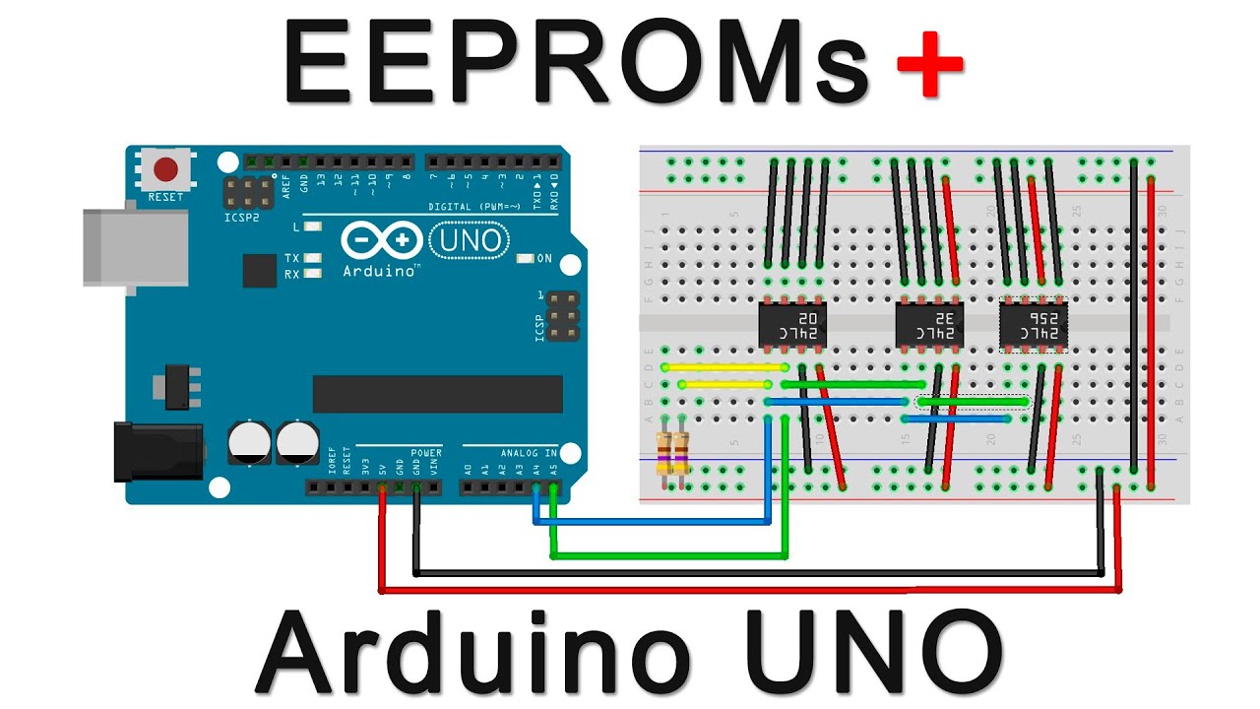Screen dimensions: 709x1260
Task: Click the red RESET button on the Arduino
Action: pos(165,169)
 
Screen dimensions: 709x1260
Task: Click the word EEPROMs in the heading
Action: pos(576,61)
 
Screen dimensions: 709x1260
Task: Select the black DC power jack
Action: pos(157,451)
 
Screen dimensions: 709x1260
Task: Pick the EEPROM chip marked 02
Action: pos(792,325)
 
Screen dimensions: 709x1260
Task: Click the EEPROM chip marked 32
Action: pos(928,325)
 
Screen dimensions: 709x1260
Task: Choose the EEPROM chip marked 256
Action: pos(1033,325)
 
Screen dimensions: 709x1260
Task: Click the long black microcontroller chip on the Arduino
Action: pos(437,394)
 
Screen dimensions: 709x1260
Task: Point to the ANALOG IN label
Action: pos(529,453)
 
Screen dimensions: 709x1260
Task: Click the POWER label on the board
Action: pos(426,453)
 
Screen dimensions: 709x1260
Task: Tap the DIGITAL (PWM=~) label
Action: pos(475,207)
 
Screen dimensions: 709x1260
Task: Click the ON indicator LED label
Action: pos(544,258)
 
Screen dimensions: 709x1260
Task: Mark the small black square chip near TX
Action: pos(259,270)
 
